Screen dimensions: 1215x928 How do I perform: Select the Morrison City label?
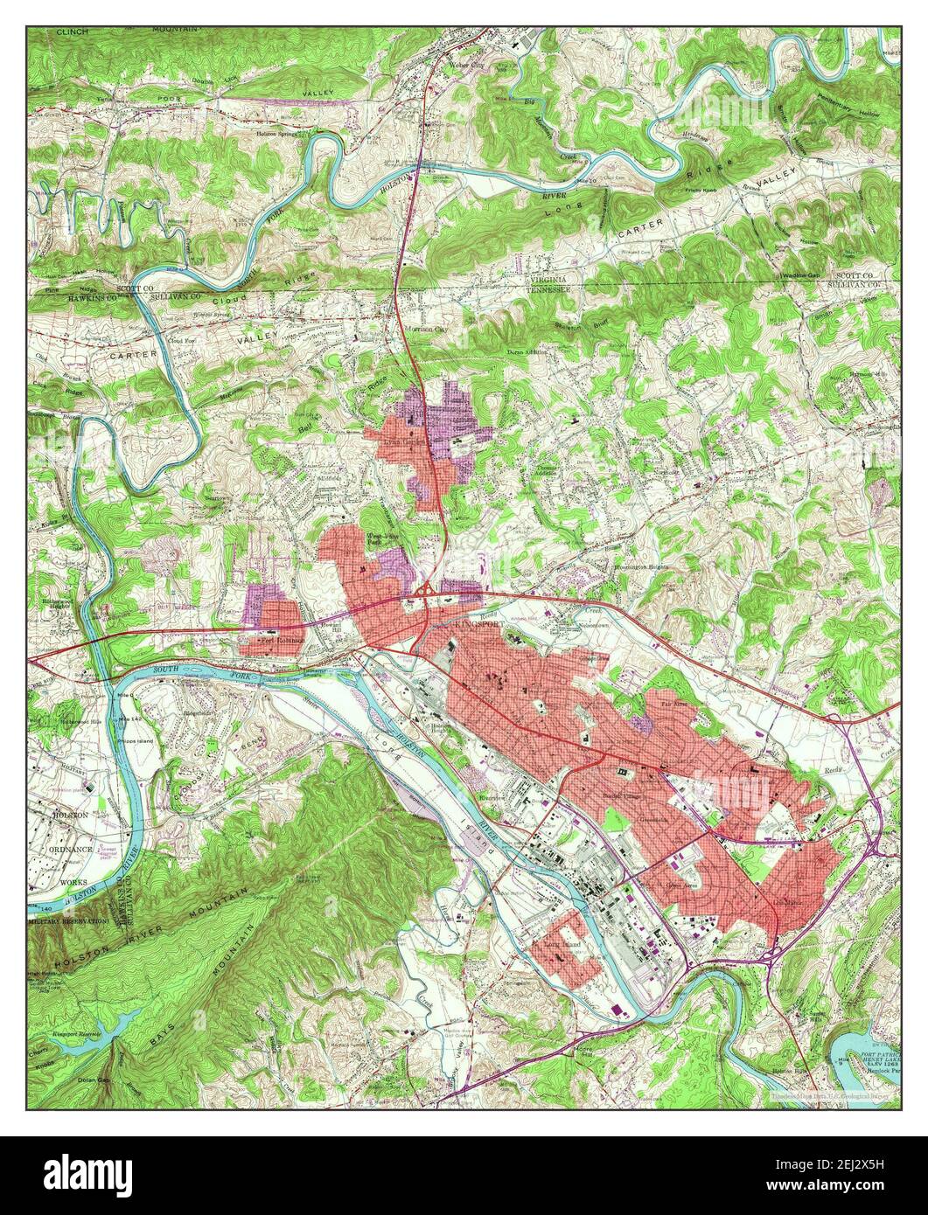point(426,330)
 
